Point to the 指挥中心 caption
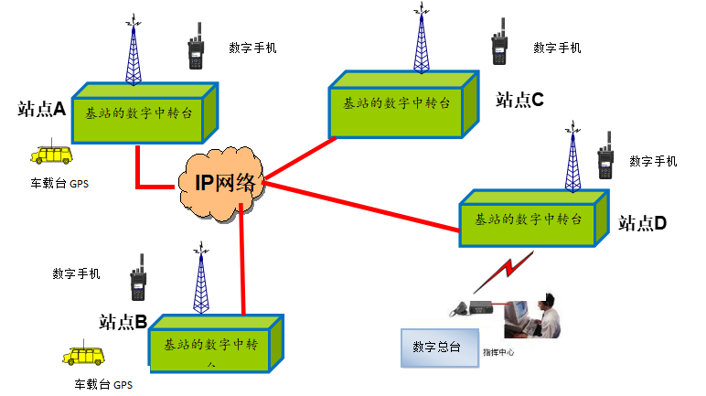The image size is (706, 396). (498, 351)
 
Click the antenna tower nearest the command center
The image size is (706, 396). (572, 163)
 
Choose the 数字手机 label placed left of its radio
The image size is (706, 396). (77, 273)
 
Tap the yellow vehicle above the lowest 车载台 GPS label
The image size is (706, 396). (83, 356)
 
